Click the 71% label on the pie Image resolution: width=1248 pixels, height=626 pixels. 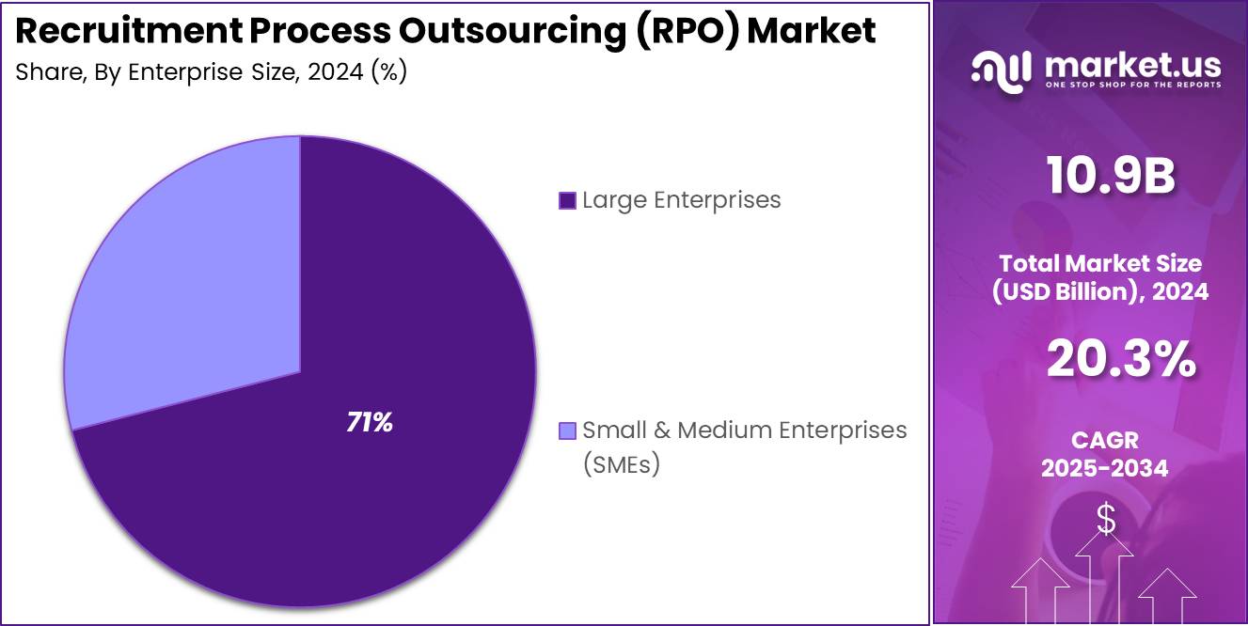point(370,423)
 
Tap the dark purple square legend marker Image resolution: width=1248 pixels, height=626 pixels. point(567,200)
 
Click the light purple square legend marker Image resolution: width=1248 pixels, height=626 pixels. point(567,430)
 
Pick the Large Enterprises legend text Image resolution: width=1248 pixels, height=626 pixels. point(681,200)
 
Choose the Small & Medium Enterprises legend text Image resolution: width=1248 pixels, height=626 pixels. point(744,430)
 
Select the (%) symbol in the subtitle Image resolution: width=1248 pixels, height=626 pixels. point(388,72)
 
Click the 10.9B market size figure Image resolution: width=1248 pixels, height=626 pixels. point(1111,177)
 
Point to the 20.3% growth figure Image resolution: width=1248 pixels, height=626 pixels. point(1120,359)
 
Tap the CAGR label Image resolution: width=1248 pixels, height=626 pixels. point(1104,440)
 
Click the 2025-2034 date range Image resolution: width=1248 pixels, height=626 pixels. point(1104,468)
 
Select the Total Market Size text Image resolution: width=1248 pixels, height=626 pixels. point(1099,263)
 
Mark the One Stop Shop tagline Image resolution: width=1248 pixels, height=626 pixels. point(1132,85)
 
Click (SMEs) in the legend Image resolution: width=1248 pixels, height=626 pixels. point(621,464)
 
